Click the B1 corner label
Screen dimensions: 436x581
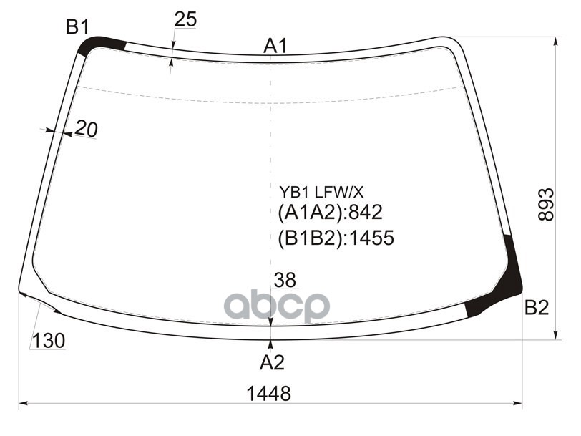tap(77, 28)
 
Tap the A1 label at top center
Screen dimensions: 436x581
tap(275, 47)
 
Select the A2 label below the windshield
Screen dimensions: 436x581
tap(272, 362)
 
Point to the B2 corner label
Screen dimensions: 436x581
tap(536, 308)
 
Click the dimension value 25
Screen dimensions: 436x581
tap(185, 20)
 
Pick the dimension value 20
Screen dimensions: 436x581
tap(86, 129)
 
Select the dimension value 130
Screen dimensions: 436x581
tap(48, 341)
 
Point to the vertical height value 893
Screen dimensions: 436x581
tap(546, 204)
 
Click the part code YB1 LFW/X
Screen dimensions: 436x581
tap(321, 192)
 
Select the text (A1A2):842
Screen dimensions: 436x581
tap(331, 213)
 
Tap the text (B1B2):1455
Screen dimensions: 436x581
tap(336, 238)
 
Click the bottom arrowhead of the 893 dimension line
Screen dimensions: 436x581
tap(555, 336)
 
